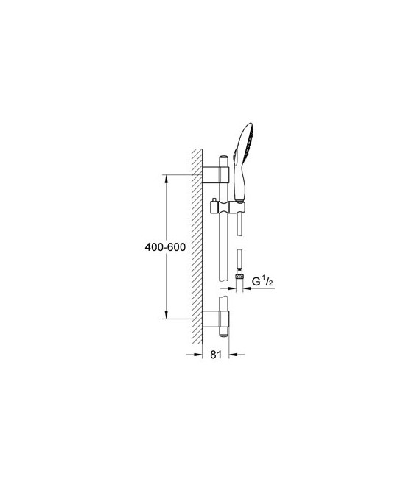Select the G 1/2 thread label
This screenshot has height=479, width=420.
pos(261,282)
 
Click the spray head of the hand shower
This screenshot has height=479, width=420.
pos(250,147)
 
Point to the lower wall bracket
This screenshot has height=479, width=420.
pos(214,319)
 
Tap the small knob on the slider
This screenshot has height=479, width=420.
pos(214,200)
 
